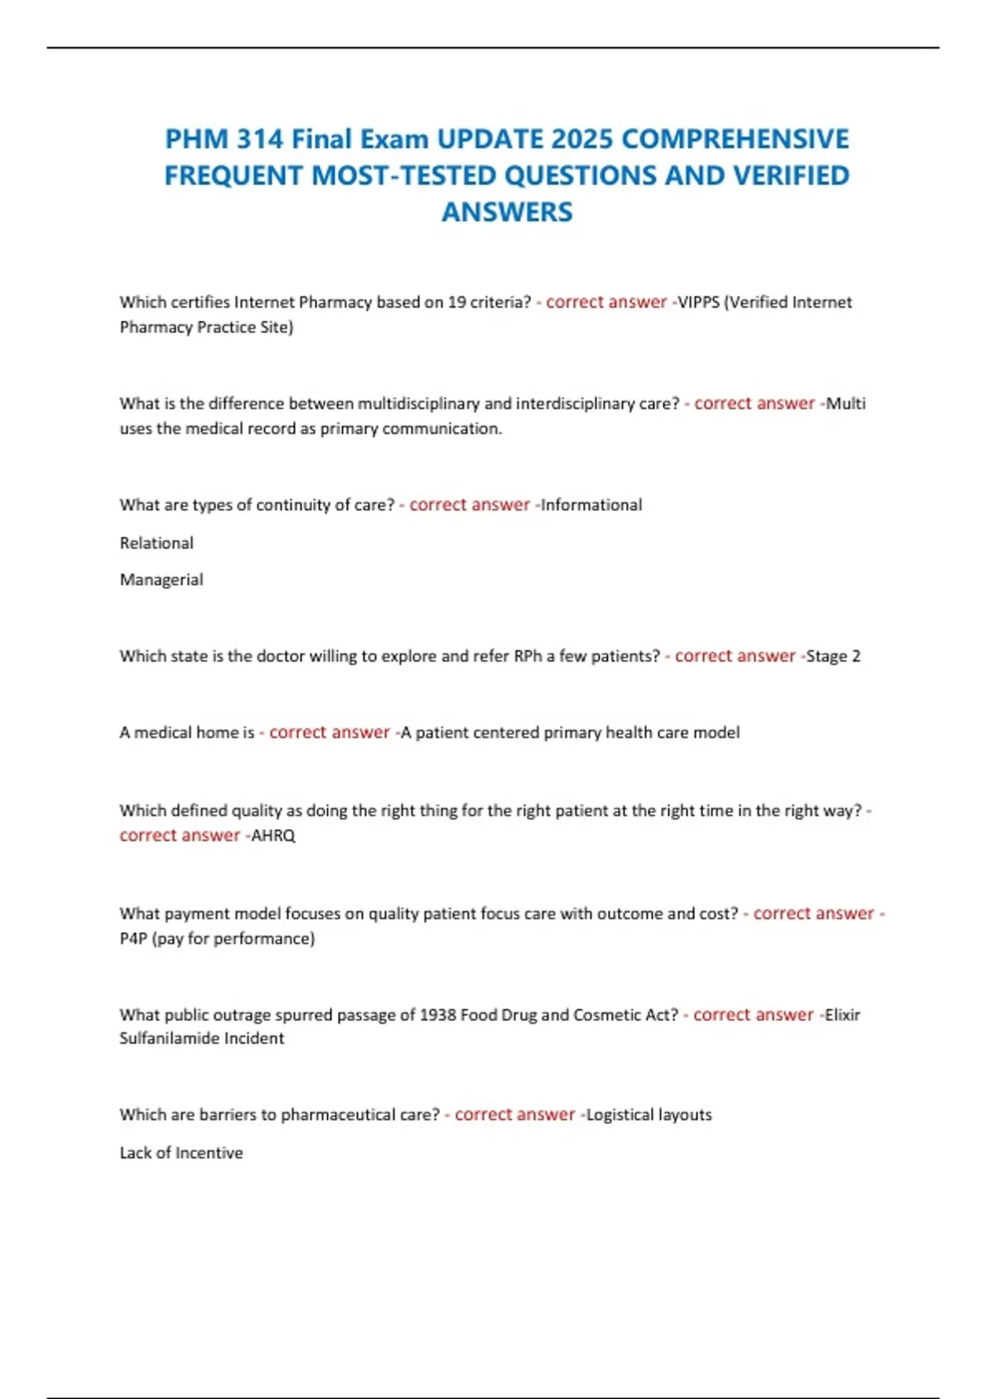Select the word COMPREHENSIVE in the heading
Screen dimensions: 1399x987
pos(734,138)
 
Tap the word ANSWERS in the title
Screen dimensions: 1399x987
pos(507,211)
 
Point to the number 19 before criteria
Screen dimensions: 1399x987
pos(456,302)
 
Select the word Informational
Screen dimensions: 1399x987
pos(591,504)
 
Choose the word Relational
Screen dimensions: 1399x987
pos(156,543)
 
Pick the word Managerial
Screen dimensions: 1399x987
pos(161,579)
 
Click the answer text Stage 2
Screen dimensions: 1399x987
pos(833,656)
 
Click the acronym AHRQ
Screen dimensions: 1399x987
pos(273,835)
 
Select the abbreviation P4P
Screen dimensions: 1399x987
pos(133,938)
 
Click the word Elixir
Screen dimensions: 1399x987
pos(842,1015)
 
